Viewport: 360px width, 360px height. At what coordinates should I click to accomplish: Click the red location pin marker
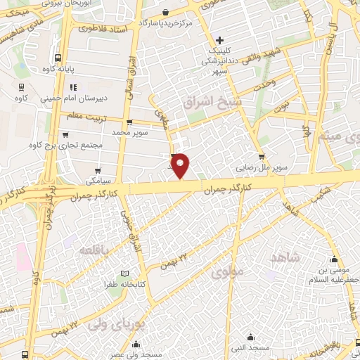(x=181, y=165)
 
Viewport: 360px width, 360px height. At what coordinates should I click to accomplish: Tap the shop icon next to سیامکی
(x=98, y=170)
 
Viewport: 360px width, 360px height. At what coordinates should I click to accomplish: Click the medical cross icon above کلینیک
(x=220, y=40)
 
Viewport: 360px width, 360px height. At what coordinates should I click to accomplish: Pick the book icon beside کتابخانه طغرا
(x=126, y=273)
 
